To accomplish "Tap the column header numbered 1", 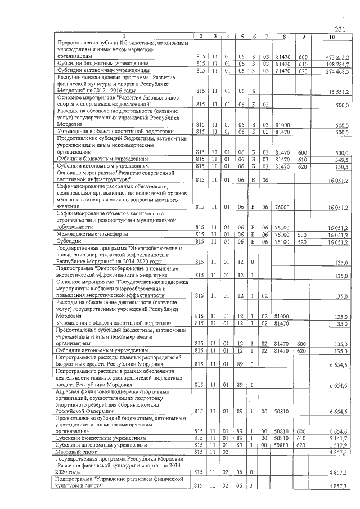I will (x=124, y=37).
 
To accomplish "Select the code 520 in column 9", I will (x=303, y=241).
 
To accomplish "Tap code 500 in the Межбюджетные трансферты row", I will (x=303, y=234).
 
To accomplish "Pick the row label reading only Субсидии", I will (x=68, y=241).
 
